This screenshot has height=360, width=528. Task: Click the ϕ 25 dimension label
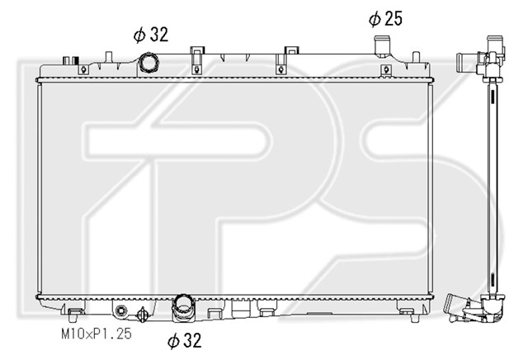[x=385, y=19]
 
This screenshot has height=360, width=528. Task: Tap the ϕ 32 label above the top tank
[x=151, y=35]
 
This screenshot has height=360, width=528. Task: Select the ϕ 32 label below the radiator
[x=185, y=340]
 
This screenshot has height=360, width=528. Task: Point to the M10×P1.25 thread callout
[x=97, y=334]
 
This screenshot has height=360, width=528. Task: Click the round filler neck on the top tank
[x=148, y=63]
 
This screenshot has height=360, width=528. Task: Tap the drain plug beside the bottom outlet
[x=143, y=314]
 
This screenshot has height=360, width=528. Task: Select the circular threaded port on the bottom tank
[x=120, y=310]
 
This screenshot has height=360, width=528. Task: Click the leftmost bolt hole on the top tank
[x=83, y=70]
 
